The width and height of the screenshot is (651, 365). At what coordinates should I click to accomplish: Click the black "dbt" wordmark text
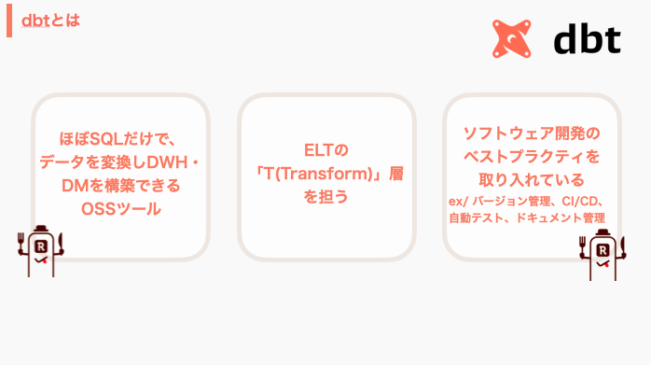tap(588, 39)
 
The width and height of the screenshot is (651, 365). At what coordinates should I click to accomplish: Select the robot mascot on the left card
tap(40, 251)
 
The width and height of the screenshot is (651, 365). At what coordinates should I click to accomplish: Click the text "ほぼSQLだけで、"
tap(121, 140)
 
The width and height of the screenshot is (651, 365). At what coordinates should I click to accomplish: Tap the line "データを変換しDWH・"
tap(121, 162)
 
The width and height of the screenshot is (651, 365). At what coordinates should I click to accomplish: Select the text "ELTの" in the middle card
tap(325, 150)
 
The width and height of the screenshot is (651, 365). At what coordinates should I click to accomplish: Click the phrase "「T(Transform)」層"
tap(325, 174)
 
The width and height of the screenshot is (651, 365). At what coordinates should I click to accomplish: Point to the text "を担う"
tap(325, 197)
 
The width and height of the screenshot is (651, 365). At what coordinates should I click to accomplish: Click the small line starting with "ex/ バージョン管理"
tap(529, 201)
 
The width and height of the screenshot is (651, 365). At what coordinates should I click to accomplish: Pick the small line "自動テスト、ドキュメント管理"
tap(527, 218)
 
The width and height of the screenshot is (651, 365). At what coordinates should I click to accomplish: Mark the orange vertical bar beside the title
tap(9, 19)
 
